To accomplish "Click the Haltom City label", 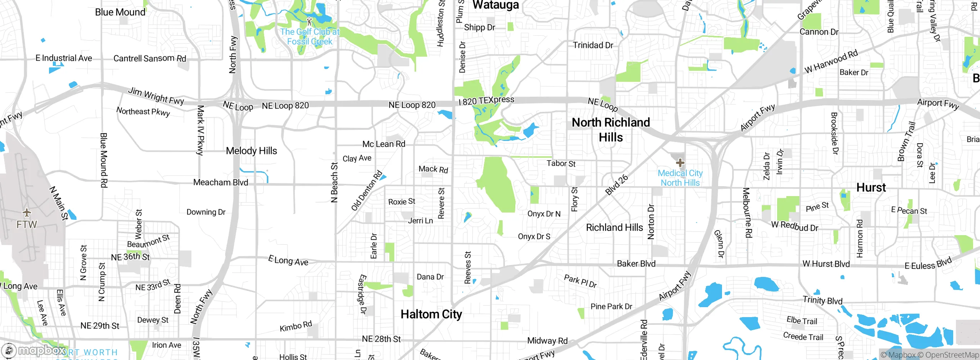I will coord(431,314).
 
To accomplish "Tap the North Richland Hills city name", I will coord(611,130).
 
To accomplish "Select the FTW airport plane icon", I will coord(27,212).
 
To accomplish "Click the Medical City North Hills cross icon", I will coord(680,163).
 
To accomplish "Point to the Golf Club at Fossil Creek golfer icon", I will coord(309,21).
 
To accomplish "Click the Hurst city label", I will coord(871,188).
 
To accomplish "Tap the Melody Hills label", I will coord(252,151).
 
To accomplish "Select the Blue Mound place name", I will coord(120,12).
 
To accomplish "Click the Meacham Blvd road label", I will coord(220,182).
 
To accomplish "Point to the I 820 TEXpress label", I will coord(487,100).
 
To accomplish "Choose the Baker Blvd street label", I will coord(636,263).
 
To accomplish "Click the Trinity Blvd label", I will coord(822,300).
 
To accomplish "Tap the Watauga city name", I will coord(496,5).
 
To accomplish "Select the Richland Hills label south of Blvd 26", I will coord(614,227).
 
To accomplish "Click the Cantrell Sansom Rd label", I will coord(150,58).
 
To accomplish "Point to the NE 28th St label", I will coord(381,339).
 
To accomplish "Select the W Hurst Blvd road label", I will coord(826,264).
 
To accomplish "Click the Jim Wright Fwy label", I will coord(156,96).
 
